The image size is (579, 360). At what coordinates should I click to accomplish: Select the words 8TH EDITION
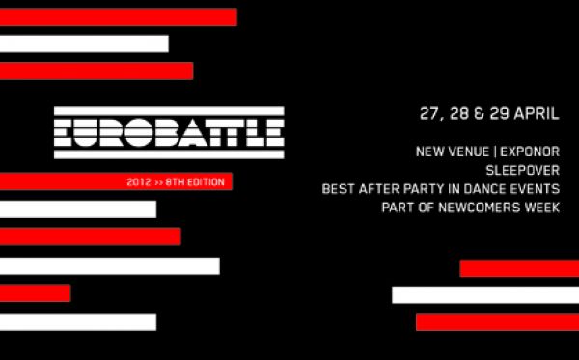(197, 181)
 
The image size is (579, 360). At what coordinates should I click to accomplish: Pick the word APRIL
(538, 113)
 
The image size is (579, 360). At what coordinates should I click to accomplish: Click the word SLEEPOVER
(522, 171)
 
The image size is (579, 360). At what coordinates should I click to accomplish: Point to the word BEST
(340, 189)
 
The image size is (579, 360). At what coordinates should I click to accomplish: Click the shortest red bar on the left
(35, 293)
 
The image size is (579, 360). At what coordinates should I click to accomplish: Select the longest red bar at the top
(118, 16)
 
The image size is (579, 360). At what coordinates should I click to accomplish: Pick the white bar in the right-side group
(485, 294)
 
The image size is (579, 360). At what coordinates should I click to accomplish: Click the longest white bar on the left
(109, 265)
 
